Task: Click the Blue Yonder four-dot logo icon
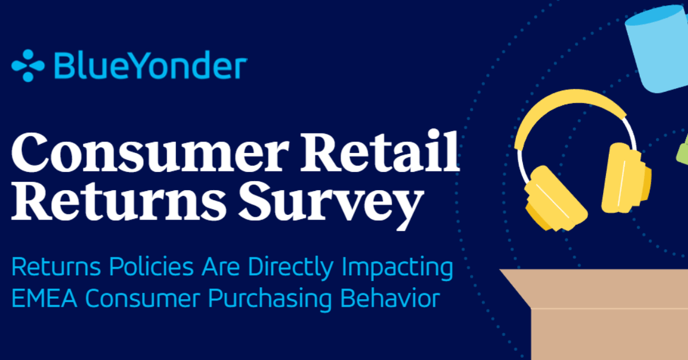click(28, 66)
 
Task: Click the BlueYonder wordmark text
click(150, 65)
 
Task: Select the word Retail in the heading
click(380, 151)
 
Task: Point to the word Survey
click(331, 204)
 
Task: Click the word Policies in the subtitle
click(151, 267)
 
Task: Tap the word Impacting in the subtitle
click(397, 268)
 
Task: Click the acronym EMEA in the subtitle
click(44, 298)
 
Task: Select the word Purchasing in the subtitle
click(270, 299)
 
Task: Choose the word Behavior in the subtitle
click(390, 298)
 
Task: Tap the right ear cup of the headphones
click(626, 179)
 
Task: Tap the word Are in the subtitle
click(220, 267)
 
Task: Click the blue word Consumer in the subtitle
click(142, 298)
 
